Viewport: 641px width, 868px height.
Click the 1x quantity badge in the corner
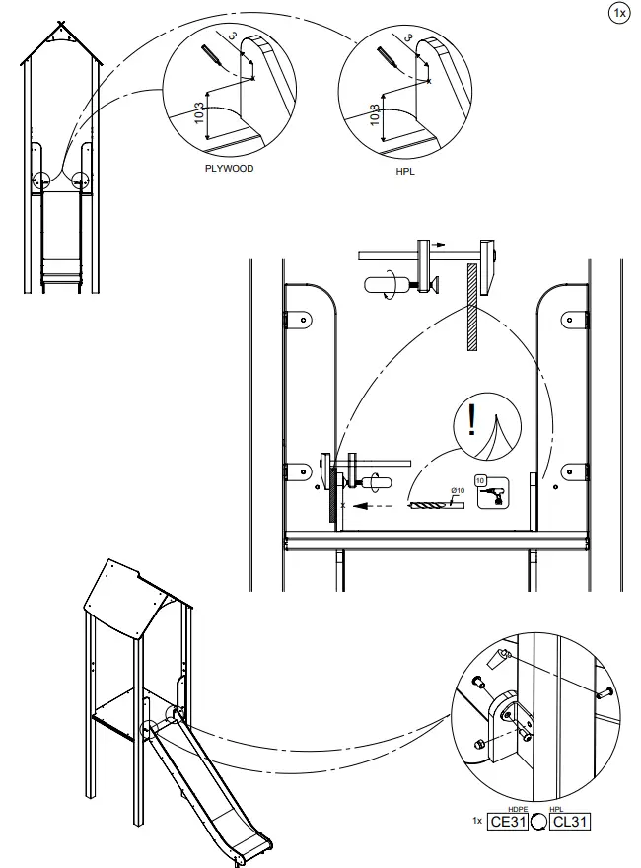(x=619, y=13)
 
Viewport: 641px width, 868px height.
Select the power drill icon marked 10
(x=491, y=492)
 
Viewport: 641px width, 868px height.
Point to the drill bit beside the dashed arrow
(x=434, y=505)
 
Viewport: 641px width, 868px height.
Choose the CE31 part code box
(x=509, y=821)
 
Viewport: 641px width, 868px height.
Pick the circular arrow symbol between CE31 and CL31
(x=538, y=821)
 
